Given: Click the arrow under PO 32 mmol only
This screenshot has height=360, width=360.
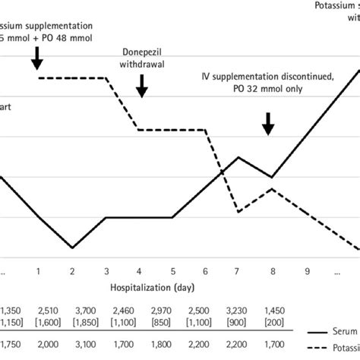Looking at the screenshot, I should (267, 123).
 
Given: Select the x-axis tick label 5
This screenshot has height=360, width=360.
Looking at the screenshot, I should (172, 270).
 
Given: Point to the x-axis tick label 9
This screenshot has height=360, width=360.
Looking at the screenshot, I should (308, 270).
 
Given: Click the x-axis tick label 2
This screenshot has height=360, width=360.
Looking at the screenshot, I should (71, 270).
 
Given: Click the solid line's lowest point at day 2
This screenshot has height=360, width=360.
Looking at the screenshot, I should (72, 248).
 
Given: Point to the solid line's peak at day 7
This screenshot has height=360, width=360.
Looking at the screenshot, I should (239, 157).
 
